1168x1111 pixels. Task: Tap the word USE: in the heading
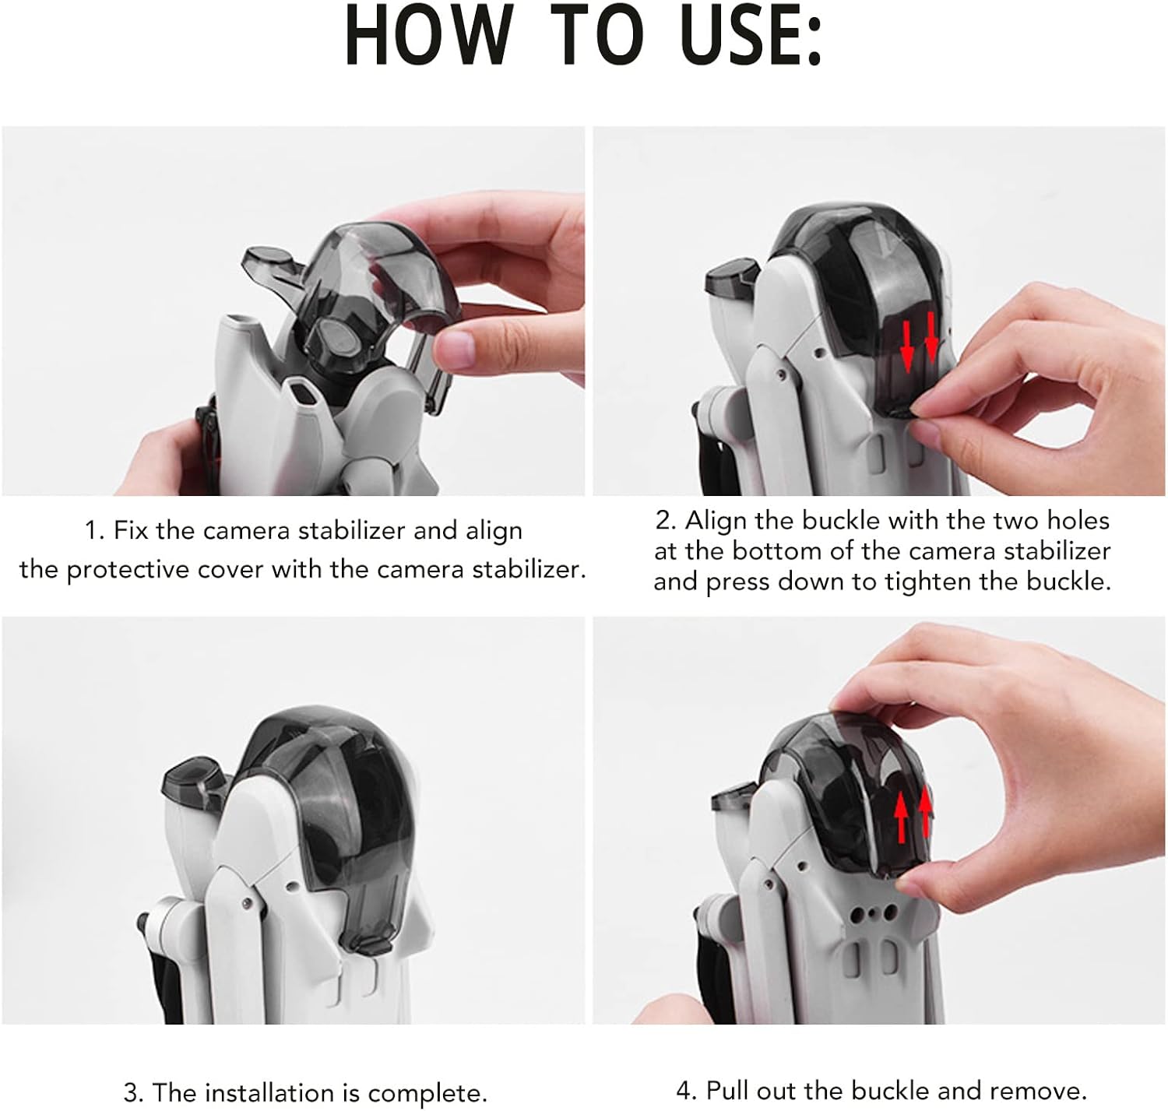pos(751,36)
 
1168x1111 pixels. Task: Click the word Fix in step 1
pos(130,530)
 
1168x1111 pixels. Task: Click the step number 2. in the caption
pos(666,520)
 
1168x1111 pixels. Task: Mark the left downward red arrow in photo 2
pos(906,347)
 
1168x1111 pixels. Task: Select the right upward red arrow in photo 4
pos(925,810)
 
